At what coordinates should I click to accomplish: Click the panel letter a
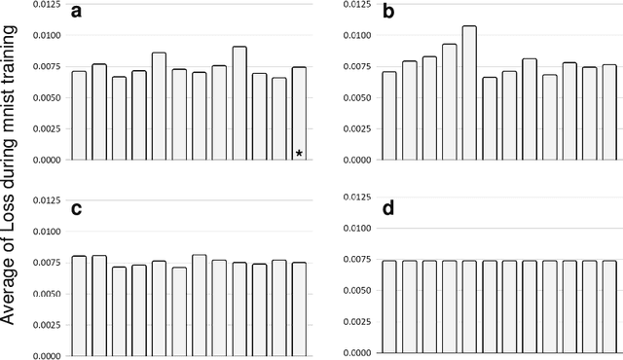[x=77, y=13]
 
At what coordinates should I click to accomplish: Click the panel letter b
[x=388, y=13]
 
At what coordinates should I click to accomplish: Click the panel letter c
[x=76, y=206]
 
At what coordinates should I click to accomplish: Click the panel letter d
[x=388, y=206]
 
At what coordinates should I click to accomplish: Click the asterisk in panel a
[x=299, y=153]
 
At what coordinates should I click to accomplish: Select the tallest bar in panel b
[x=469, y=92]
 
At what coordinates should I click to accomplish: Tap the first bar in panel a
[x=79, y=115]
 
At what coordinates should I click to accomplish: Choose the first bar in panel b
[x=388, y=115]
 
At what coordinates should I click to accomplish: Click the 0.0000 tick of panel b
[x=352, y=160]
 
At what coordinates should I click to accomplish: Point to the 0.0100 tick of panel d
[x=352, y=229]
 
